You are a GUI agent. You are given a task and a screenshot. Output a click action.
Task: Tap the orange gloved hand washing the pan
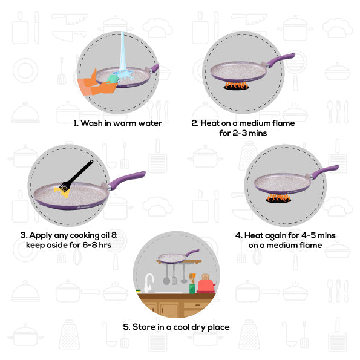pyautogui.click(x=94, y=83)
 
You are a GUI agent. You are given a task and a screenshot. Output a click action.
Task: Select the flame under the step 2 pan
pyautogui.click(x=236, y=87)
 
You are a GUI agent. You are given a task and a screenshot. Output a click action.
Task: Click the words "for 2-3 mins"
pyautogui.click(x=243, y=133)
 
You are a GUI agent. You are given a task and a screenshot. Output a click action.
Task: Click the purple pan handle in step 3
pyautogui.click(x=128, y=178)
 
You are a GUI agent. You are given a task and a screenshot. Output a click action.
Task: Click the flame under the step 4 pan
pyautogui.click(x=278, y=197)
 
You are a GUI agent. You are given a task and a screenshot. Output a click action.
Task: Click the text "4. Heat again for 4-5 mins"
pyautogui.click(x=285, y=235)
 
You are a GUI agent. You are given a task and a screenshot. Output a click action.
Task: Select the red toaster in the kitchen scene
pyautogui.click(x=206, y=283)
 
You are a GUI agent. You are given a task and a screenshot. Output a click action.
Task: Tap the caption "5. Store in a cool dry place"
pyautogui.click(x=176, y=327)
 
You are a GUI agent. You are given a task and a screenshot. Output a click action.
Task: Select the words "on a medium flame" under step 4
pyautogui.click(x=285, y=245)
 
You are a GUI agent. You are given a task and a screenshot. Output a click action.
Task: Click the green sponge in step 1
pyautogui.click(x=113, y=79)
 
